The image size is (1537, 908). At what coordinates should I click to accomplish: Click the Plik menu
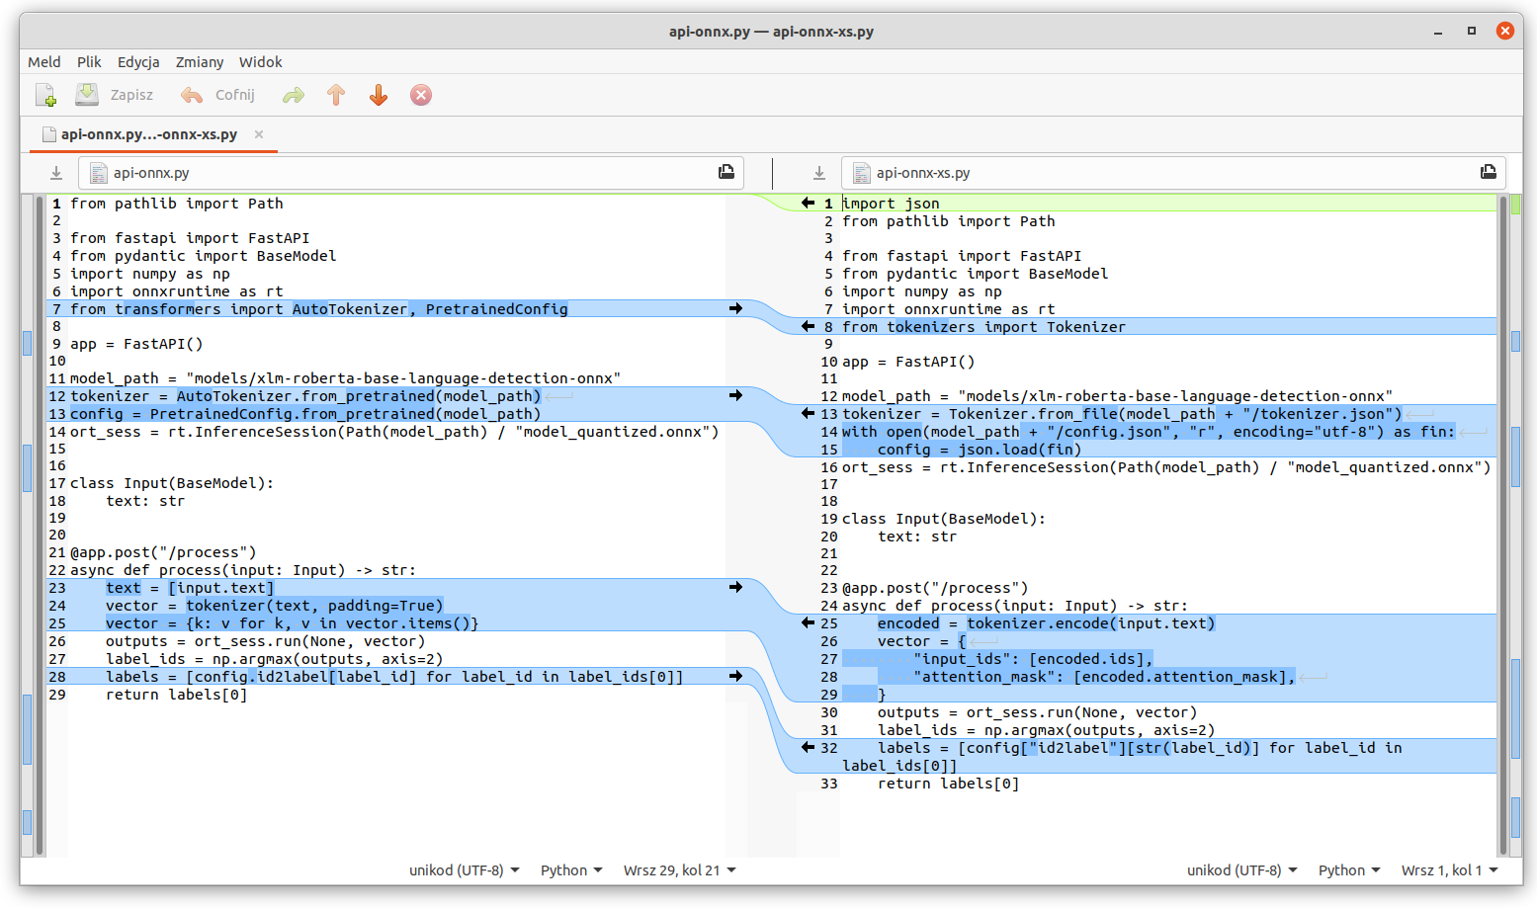pos(89,61)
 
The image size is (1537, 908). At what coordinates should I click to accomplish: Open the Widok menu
pos(260,61)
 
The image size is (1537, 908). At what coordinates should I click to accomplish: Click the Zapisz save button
pos(115,95)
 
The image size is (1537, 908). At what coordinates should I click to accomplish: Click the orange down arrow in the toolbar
pos(379,95)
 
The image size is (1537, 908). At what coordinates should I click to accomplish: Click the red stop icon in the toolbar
pos(421,95)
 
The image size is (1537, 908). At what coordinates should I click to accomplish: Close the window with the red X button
pos(1504,31)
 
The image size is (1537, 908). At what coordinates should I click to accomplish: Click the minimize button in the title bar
pos(1437,32)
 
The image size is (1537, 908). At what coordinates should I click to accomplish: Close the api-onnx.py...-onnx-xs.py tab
pos(259,133)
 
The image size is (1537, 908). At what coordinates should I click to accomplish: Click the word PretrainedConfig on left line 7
pos(496,309)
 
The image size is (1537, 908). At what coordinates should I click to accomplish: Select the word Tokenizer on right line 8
pos(1086,327)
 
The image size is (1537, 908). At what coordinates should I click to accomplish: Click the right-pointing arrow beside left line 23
pos(735,587)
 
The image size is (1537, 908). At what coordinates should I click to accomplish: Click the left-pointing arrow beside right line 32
pos(808,748)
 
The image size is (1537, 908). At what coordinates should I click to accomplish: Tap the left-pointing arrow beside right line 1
pos(808,203)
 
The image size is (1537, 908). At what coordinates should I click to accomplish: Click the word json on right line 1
pos(921,204)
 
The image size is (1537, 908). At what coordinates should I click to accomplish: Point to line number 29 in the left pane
pos(57,695)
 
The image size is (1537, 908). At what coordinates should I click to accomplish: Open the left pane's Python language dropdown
pos(571,870)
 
